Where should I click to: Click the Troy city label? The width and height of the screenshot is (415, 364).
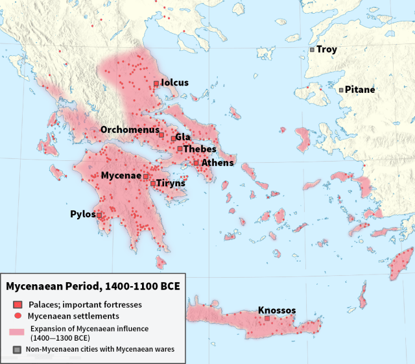pyautogui.click(x=327, y=49)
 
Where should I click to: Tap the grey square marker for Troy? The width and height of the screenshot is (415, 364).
pyautogui.click(x=312, y=49)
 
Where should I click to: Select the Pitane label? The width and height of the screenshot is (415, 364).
pyautogui.click(x=360, y=90)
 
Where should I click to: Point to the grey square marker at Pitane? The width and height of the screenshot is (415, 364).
pyautogui.click(x=341, y=90)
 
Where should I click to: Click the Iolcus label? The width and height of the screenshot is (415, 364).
pyautogui.click(x=174, y=83)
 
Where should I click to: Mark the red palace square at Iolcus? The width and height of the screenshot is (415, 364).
pyautogui.click(x=156, y=84)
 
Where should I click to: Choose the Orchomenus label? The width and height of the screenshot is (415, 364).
pyautogui.click(x=128, y=130)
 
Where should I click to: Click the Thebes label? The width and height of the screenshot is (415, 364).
pyautogui.click(x=200, y=149)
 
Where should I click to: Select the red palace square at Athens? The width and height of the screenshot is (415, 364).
pyautogui.click(x=196, y=163)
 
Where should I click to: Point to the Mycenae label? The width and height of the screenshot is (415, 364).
pyautogui.click(x=121, y=176)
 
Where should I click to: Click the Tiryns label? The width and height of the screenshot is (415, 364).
pyautogui.click(x=171, y=184)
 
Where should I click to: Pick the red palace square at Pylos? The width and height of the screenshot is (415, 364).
pyautogui.click(x=99, y=215)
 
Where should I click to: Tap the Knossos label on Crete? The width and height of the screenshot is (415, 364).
pyautogui.click(x=277, y=310)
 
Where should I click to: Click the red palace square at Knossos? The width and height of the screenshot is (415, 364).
pyautogui.click(x=267, y=319)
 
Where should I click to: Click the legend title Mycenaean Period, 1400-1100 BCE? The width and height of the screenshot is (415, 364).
pyautogui.click(x=93, y=286)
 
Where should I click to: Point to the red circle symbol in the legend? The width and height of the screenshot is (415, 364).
pyautogui.click(x=18, y=316)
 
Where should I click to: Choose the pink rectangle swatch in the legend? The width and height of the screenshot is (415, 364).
pyautogui.click(x=18, y=332)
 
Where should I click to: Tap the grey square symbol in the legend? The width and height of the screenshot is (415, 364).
pyautogui.click(x=18, y=350)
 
